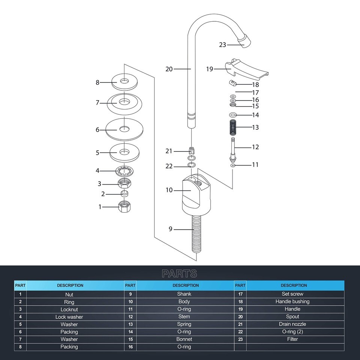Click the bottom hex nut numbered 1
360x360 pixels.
coord(124,206)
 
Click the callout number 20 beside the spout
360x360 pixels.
coord(169,69)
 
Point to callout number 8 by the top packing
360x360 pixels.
coord(97,82)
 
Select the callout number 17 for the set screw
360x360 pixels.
coord(255,92)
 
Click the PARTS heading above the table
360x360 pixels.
coord(179,273)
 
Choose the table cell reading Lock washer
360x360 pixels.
coord(69,317)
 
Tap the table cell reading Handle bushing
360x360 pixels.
coord(292,301)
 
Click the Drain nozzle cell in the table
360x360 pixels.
coord(292,324)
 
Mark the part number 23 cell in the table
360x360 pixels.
coord(240,339)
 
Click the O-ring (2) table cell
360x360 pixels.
coord(292,331)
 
